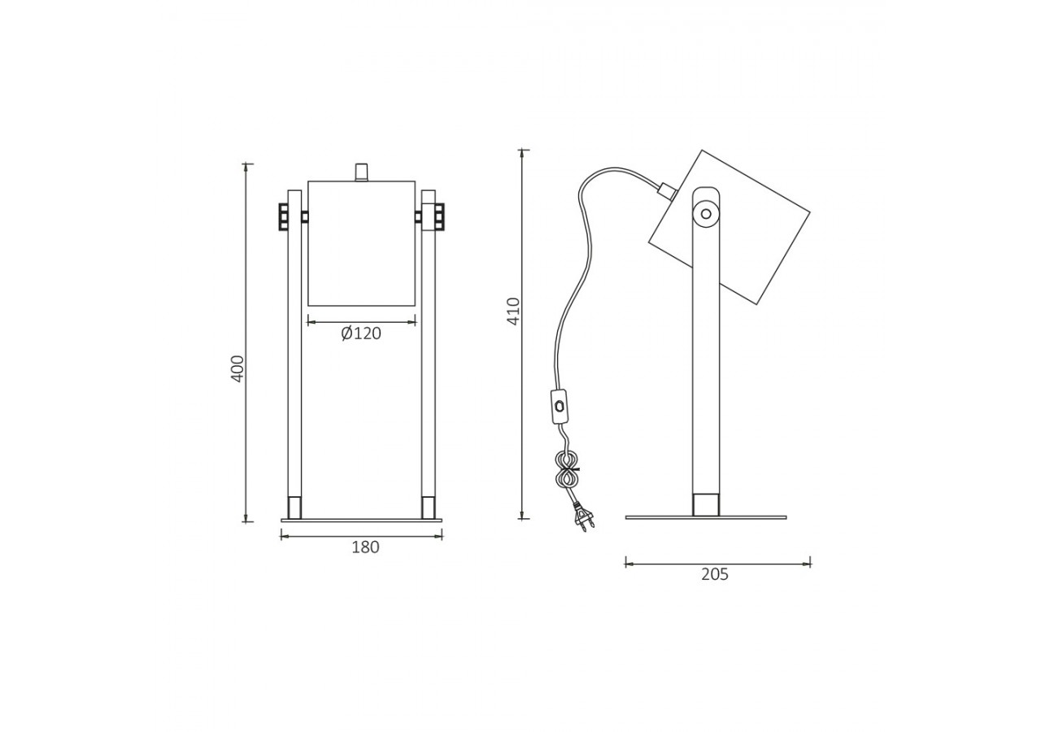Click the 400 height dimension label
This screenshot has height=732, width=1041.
coord(237,368)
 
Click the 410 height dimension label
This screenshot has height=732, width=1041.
coord(513,311)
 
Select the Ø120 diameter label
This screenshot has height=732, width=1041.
coord(361,333)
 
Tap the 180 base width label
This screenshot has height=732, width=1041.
coord(365,547)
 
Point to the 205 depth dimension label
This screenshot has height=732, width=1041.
coord(715,574)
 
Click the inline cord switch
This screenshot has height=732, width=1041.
coord(560,407)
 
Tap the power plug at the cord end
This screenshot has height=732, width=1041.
coord(585,517)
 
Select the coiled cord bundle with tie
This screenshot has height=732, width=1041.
coord(566,469)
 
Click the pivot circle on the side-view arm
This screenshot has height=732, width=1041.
coord(705,215)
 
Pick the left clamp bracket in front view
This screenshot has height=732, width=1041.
coord(284,216)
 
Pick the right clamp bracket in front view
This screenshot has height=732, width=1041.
coord(438,216)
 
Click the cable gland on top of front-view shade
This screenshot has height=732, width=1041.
coord(361,172)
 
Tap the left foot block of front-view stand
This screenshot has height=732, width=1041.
coord(294,508)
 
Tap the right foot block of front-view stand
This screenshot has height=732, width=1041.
coord(428,508)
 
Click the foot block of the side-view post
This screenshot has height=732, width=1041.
coord(705,504)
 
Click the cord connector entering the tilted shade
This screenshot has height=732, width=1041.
coord(666,191)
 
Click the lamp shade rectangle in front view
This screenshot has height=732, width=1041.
coord(361,243)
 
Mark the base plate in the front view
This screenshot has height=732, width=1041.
coord(361,521)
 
